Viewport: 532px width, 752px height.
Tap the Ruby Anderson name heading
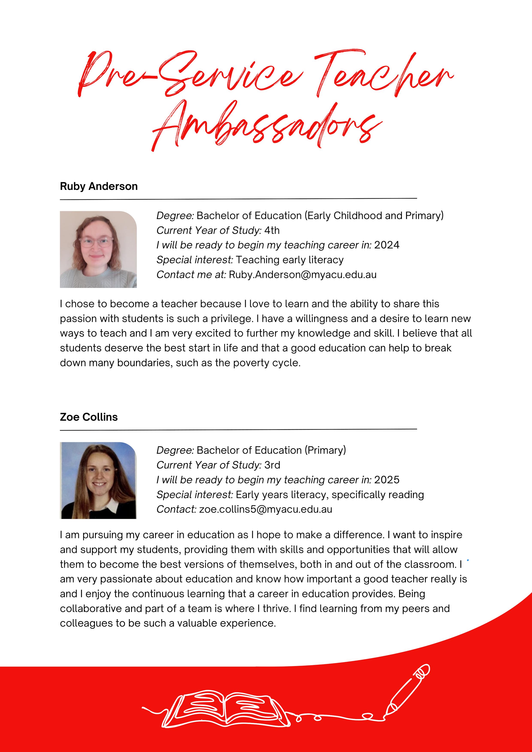99,186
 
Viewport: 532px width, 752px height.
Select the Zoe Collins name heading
89,417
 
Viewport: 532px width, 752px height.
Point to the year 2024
387,245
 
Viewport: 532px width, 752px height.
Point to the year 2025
387,480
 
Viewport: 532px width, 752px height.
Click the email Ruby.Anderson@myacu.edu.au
303,275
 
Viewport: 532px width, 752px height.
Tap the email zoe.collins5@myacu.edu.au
265,509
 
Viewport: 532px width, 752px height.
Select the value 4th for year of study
272,230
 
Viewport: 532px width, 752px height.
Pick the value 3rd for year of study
272,465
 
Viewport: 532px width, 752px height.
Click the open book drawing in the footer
226,709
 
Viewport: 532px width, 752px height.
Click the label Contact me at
191,275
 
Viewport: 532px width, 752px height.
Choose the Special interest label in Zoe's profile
194,495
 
